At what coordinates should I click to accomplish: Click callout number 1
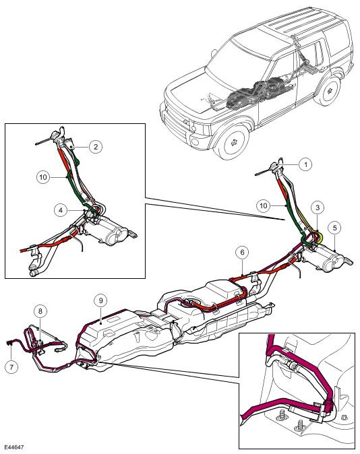coord(305,164)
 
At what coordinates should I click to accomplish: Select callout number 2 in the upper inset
coord(96,147)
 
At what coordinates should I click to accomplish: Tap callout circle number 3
coord(318,207)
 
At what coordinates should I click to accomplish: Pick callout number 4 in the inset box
coord(61,210)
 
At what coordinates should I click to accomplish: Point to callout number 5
coord(335,228)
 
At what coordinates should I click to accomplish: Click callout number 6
coord(242,252)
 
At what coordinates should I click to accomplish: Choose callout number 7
coord(11,367)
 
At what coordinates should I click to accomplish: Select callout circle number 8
coord(40,311)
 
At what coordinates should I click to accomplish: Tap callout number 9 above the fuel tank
coord(101,300)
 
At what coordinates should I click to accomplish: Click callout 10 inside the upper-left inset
coord(43,177)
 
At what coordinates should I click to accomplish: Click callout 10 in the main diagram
coord(263,205)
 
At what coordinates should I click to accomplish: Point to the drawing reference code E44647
coord(13,447)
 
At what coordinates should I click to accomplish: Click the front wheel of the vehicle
coord(233,142)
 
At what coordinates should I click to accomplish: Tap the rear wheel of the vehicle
coord(330,91)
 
